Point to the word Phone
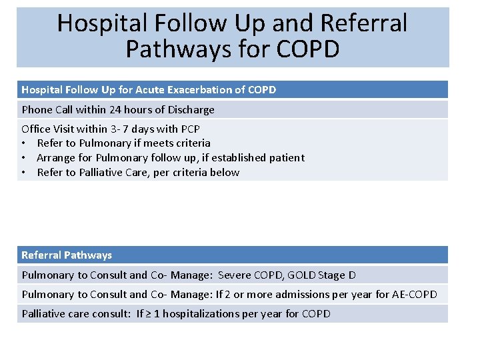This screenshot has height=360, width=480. [x=37, y=109]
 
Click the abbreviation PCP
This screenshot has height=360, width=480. [x=189, y=129]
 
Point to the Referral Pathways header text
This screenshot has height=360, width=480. [x=67, y=255]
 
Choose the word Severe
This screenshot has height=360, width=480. [x=236, y=275]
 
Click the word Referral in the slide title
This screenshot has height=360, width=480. [x=363, y=24]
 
